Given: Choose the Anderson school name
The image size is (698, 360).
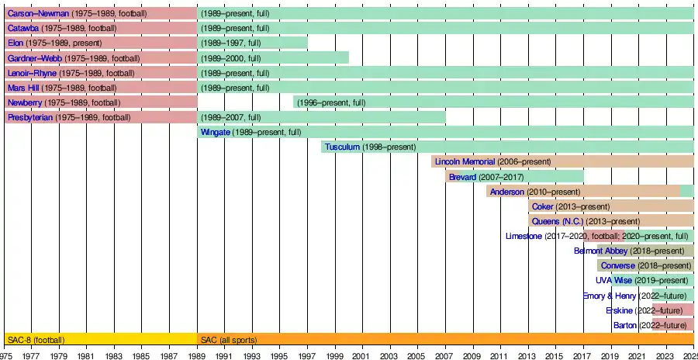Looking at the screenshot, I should [507, 192].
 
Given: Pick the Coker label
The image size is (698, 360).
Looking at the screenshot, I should [543, 206].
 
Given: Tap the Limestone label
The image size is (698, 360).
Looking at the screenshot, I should [523, 236].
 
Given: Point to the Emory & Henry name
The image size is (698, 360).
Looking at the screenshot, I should [610, 295].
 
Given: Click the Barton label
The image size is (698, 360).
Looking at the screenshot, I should [624, 324].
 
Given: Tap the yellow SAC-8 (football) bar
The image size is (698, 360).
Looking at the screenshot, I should [101, 339].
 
